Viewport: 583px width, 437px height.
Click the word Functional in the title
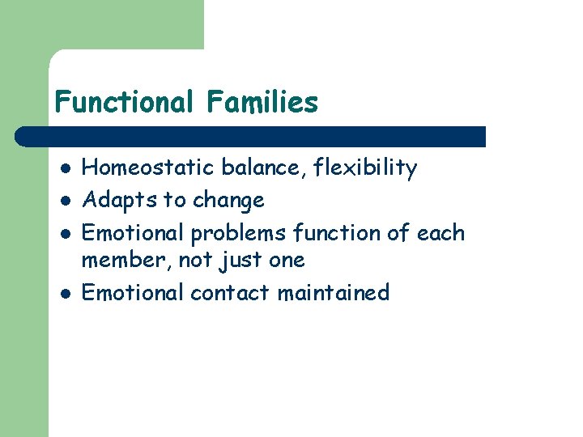point(124,103)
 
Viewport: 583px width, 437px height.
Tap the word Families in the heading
point(262,103)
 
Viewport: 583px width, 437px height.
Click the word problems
point(238,233)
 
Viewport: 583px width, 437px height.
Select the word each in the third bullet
point(441,233)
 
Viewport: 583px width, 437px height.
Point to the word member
point(121,261)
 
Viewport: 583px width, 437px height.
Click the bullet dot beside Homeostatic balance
point(63,169)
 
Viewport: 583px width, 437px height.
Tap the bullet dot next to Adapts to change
point(63,201)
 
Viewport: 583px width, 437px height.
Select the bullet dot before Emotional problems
point(63,234)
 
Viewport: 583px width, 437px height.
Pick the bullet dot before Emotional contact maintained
point(63,293)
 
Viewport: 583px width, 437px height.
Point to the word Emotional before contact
point(134,292)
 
